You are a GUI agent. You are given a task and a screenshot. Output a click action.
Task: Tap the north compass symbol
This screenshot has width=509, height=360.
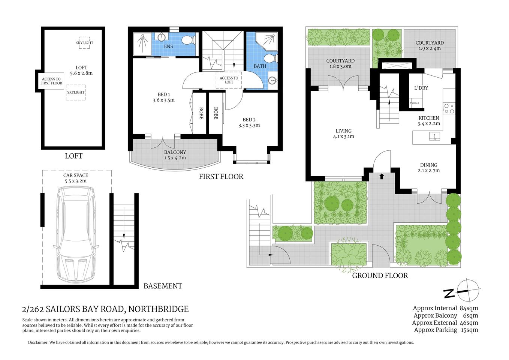(x=467, y=291)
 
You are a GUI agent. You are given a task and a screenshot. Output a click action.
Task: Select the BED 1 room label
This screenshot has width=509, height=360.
(x=163, y=94)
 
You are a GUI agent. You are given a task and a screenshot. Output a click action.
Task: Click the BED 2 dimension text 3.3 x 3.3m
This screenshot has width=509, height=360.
(x=249, y=125)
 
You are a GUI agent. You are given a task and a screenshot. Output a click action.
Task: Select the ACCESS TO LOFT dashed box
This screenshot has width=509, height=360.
(x=229, y=80)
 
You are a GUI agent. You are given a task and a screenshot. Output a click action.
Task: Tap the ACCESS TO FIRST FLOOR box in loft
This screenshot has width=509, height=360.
(x=51, y=81)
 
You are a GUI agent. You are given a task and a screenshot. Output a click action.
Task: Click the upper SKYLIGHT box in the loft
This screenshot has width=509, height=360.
(x=84, y=43)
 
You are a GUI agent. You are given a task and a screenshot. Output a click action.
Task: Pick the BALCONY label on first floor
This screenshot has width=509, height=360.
(x=175, y=152)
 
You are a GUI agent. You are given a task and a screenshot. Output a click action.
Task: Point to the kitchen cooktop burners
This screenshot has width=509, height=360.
(x=449, y=109)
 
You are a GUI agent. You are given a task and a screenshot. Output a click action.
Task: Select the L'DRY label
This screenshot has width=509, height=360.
(x=421, y=88)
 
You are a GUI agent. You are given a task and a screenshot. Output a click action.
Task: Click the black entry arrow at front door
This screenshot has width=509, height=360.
(x=382, y=176)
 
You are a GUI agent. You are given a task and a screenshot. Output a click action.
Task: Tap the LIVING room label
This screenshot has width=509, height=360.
(x=343, y=131)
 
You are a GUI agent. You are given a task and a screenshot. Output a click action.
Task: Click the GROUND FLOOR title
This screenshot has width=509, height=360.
(x=380, y=276)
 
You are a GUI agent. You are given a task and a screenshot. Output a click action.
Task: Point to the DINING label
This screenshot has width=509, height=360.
(x=428, y=165)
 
